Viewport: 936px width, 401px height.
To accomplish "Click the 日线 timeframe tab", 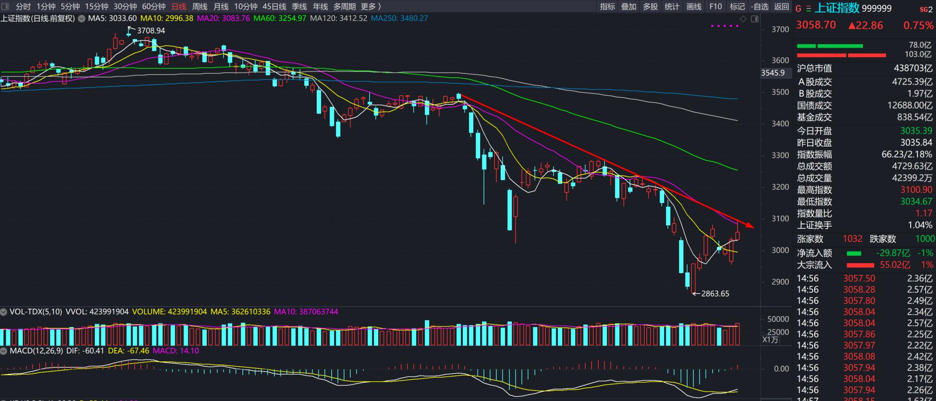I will click(x=178, y=6).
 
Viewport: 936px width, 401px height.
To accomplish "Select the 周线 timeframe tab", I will click(x=199, y=6).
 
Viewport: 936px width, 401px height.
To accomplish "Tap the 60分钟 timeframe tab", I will click(x=154, y=6).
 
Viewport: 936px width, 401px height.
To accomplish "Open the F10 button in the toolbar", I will click(x=715, y=6).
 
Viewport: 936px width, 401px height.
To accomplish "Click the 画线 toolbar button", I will click(x=693, y=6).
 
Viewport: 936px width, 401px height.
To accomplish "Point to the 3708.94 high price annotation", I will click(x=151, y=30).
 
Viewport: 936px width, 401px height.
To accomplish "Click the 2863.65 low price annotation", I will click(x=715, y=293).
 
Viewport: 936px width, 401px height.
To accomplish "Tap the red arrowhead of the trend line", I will click(x=750, y=226).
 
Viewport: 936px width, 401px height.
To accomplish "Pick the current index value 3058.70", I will click(x=816, y=25).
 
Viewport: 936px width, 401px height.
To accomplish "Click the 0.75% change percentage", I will click(x=918, y=25).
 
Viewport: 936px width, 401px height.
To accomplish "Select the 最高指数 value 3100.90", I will click(x=916, y=190).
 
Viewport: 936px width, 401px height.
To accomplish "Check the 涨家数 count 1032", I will click(x=852, y=239).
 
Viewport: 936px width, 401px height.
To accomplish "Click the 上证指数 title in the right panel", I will click(x=837, y=8).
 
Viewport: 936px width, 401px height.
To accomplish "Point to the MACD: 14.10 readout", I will click(x=175, y=351).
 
